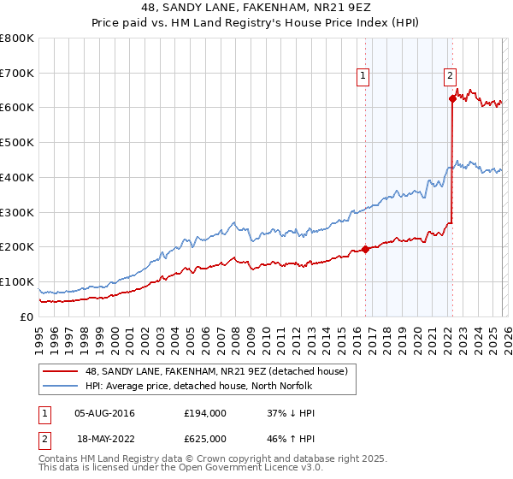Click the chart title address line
click(256, 8)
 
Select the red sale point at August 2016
click(365, 249)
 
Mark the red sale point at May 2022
click(452, 98)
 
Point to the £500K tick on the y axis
click(16, 143)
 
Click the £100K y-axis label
click(16, 281)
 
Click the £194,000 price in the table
click(204, 413)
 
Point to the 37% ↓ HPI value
click(291, 413)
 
